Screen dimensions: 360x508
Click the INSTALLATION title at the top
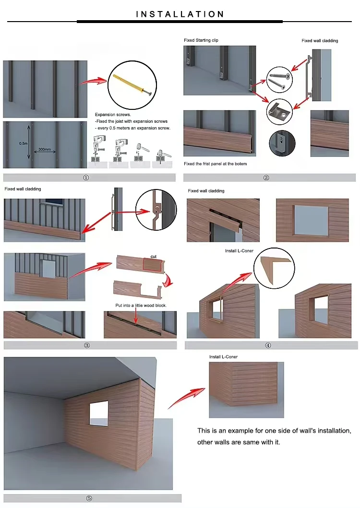click(x=180, y=14)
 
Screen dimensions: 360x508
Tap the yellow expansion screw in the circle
click(x=132, y=85)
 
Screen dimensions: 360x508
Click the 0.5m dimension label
click(x=23, y=143)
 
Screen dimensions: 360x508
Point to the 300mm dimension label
click(x=45, y=149)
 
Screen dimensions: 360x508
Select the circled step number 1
click(x=86, y=177)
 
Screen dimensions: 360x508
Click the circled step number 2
click(x=266, y=177)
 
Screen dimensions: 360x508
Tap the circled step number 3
click(x=86, y=345)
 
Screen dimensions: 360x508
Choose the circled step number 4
click(x=268, y=345)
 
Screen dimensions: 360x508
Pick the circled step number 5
click(x=89, y=498)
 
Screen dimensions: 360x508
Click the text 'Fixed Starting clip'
click(x=201, y=40)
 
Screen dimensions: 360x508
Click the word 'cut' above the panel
click(x=154, y=257)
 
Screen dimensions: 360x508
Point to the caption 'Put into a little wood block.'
click(x=141, y=305)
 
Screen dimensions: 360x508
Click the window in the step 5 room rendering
click(x=99, y=413)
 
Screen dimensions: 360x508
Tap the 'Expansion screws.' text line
click(x=113, y=114)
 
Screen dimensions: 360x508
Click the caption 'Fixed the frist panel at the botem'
click(x=216, y=164)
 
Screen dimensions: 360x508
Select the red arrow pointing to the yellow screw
click(x=94, y=81)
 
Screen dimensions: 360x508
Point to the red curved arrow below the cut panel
click(x=168, y=281)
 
